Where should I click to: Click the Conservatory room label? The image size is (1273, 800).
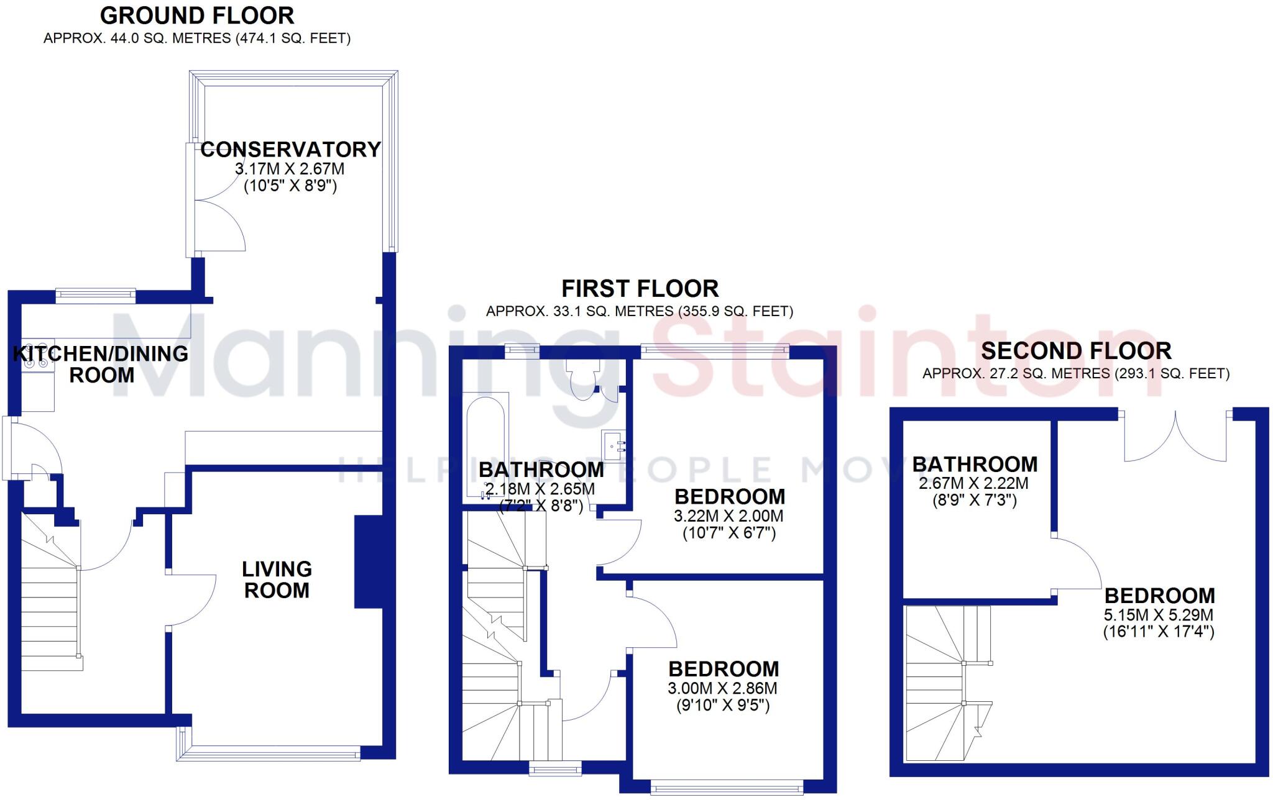pos(290,150)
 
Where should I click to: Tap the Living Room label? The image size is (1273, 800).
pos(277,580)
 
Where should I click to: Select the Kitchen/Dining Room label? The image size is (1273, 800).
pos(101,364)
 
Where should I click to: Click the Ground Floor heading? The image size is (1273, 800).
pos(197,16)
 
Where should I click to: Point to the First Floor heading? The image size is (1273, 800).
pos(640,289)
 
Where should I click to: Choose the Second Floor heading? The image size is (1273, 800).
pos(1076,351)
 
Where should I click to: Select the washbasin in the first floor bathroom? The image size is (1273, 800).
pos(613,446)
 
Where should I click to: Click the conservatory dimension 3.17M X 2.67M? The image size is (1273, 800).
pos(290,169)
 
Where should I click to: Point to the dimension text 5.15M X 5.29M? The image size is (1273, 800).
pos(1159,616)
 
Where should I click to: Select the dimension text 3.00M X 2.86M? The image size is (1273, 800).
pos(722,688)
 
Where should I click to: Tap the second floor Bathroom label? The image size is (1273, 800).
pos(975,465)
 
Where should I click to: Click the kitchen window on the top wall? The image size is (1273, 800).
pos(95,295)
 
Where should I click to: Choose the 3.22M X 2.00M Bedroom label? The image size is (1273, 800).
pos(729,497)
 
